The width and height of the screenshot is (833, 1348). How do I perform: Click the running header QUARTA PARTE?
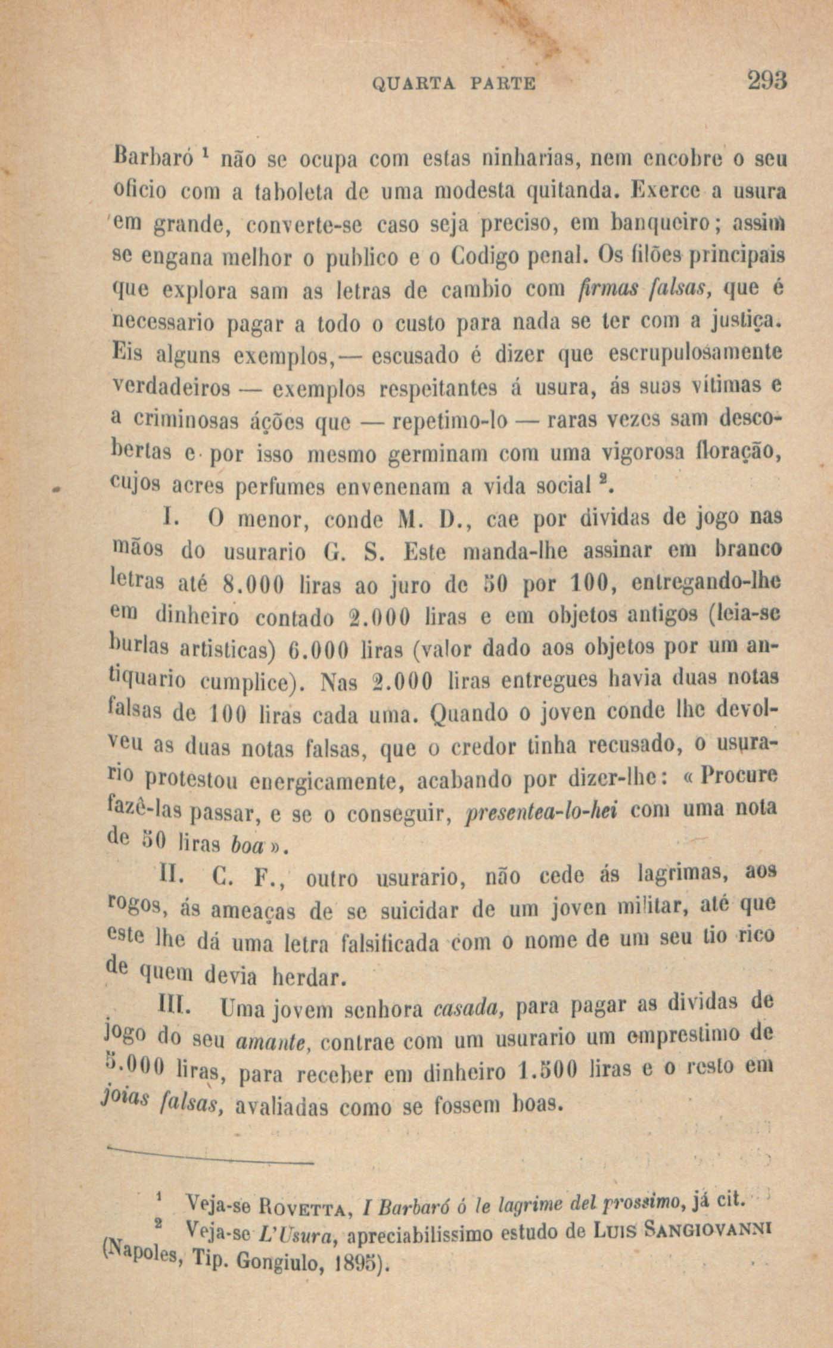(454, 82)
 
